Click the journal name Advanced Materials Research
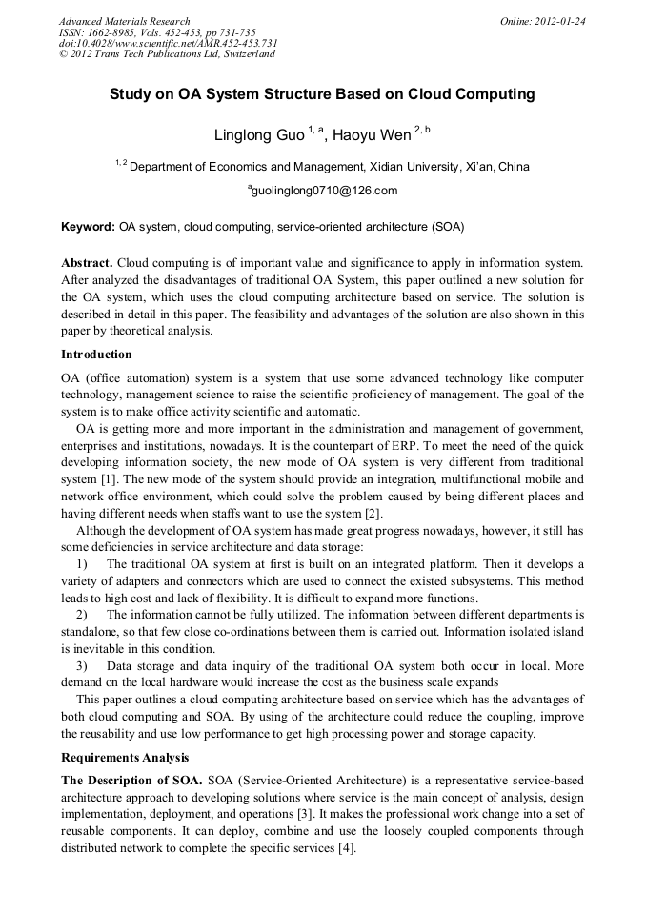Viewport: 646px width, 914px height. tap(124, 21)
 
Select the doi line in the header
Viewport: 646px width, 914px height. tap(168, 43)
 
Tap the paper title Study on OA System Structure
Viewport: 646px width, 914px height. tap(322, 94)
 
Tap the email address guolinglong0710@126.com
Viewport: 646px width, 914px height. tap(325, 191)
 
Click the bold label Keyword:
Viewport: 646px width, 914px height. tap(88, 228)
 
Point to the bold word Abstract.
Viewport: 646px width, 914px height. tap(88, 262)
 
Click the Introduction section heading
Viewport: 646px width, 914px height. tap(96, 355)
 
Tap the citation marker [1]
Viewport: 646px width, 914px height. tap(111, 479)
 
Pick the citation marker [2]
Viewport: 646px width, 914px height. tap(373, 514)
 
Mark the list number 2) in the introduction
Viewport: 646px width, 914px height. tap(82, 615)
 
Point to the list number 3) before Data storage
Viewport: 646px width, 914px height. tap(82, 665)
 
